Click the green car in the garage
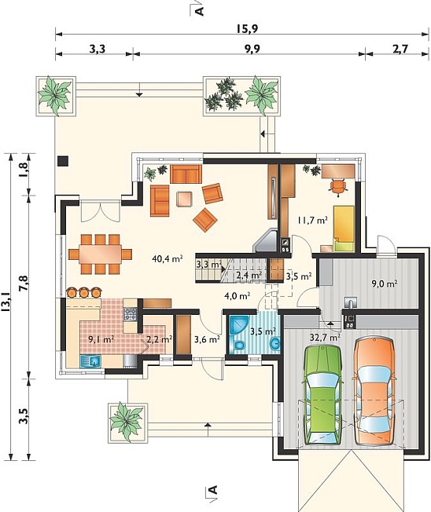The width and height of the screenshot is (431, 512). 322,395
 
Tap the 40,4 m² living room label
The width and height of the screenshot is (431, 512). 167,259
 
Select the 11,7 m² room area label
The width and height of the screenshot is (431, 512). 312,221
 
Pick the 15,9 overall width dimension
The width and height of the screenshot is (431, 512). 248,29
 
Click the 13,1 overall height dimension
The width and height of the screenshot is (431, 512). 6,302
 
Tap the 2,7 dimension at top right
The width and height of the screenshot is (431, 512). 400,49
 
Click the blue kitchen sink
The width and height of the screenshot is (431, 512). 90,361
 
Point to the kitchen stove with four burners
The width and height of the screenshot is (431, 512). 130,314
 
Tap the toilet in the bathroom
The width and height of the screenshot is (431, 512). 239,346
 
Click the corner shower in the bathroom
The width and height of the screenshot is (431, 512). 238,325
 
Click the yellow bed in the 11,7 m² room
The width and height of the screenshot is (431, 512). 344,229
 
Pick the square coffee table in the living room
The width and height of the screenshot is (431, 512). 185,199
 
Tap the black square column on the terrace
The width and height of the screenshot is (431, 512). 62,161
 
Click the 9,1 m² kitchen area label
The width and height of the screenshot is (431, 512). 101,339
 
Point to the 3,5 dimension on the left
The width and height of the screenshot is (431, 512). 23,416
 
